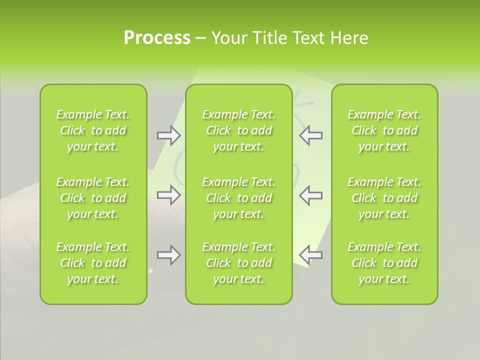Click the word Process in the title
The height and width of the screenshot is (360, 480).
(157, 38)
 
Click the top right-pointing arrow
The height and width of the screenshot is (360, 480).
(168, 135)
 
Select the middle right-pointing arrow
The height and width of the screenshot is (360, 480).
(168, 195)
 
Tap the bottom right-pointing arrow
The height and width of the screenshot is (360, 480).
(168, 255)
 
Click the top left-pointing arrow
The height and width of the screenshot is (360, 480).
(310, 135)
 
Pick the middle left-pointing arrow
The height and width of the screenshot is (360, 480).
(310, 195)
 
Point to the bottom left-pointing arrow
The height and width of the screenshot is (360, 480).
(310, 255)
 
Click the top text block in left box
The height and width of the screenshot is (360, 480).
(93, 130)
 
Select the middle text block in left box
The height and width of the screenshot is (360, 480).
(93, 198)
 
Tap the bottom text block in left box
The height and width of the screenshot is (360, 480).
(93, 263)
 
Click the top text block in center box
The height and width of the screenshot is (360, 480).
(239, 130)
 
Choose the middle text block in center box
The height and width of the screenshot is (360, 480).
(239, 198)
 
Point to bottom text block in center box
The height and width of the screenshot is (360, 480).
(239, 263)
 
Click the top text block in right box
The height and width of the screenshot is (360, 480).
(384, 130)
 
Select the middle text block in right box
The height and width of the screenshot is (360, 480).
(384, 198)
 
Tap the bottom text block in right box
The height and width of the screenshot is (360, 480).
(384, 263)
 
